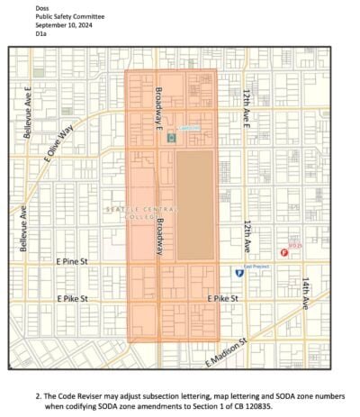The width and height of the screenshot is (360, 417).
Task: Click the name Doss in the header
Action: pos(42,7)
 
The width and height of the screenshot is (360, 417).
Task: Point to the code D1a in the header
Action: pos(40,34)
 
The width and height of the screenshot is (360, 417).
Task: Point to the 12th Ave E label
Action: pos(246,106)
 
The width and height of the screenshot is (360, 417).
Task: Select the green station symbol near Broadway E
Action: pos(170,138)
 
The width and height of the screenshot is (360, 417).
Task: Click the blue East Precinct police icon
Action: pos(238,271)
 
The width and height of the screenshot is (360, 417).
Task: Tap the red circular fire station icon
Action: pos(284,254)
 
